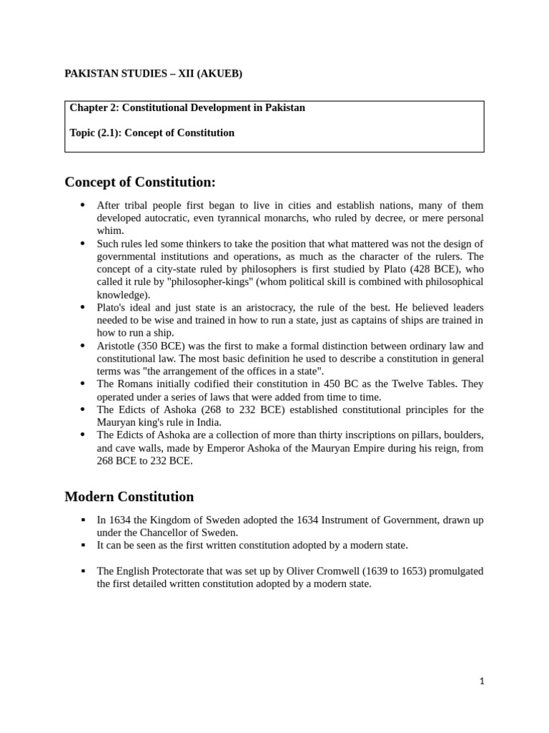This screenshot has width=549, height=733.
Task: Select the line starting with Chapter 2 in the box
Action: (187, 108)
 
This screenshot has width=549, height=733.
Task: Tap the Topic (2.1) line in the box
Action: (152, 132)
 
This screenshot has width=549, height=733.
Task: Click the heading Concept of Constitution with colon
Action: (140, 182)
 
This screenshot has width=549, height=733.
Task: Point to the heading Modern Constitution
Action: (129, 496)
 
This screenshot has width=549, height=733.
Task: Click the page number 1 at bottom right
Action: (482, 681)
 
